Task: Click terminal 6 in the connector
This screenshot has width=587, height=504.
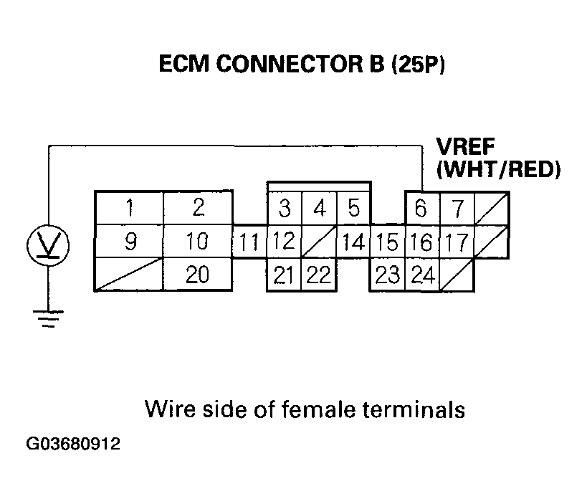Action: (421, 209)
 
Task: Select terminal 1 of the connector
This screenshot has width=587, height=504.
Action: (130, 209)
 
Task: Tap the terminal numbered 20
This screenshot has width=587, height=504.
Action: (198, 275)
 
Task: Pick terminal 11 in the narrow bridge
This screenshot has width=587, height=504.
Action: (249, 242)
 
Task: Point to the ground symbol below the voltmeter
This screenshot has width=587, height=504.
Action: (48, 318)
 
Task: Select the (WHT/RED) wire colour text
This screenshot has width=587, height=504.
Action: (498, 171)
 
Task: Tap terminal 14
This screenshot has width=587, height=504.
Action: (353, 242)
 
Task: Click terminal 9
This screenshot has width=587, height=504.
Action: (130, 242)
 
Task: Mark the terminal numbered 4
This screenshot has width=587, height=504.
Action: (319, 209)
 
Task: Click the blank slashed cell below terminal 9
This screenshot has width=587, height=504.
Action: (130, 275)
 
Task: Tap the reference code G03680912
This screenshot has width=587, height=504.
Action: (74, 444)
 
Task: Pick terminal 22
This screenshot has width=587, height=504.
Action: (319, 275)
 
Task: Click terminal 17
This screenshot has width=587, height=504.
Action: (455, 242)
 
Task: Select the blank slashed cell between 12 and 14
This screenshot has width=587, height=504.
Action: (319, 242)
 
